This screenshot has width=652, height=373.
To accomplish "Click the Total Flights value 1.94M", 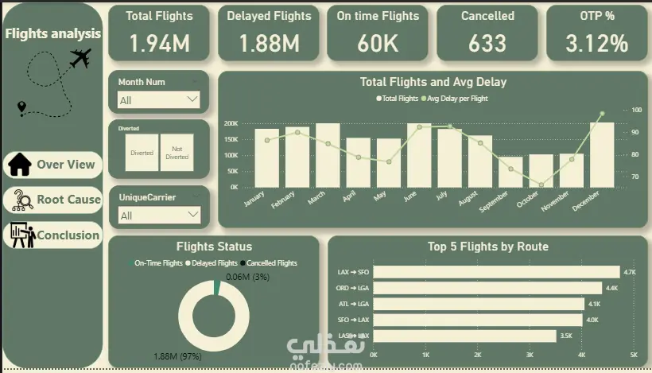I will click(x=159, y=43).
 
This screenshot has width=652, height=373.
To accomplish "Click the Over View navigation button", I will click(x=53, y=165).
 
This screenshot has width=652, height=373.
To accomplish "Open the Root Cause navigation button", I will click(x=53, y=200).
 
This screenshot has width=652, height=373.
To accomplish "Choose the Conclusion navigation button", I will click(x=53, y=235).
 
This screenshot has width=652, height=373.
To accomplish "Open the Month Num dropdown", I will click(x=158, y=100).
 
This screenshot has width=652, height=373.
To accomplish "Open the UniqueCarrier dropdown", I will click(x=158, y=215).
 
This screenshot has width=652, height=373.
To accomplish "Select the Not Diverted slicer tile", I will click(x=177, y=152).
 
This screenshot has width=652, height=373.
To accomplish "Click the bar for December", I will click(x=602, y=154).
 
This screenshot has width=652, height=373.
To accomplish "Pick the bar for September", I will click(x=510, y=171).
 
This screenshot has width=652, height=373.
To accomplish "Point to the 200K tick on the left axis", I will click(x=231, y=124).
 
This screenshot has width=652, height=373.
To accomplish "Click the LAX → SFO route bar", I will click(x=496, y=272).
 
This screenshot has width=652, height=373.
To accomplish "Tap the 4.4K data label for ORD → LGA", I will click(x=611, y=288).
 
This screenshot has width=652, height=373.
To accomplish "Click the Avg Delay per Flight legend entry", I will click(x=457, y=99).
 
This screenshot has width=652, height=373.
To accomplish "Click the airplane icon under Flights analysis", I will click(x=80, y=58).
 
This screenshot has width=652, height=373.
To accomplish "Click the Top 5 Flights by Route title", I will click(x=487, y=247).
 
